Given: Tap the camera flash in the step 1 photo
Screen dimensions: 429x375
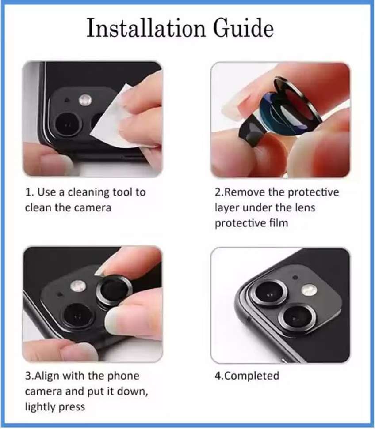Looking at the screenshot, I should [x=84, y=100].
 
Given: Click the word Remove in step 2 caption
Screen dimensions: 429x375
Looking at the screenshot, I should [x=247, y=192].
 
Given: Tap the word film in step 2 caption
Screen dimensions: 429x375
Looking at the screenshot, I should [x=279, y=223].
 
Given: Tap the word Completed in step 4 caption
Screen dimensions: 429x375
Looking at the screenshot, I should [x=253, y=376].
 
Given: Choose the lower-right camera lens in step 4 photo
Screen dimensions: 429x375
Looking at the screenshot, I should [x=293, y=316].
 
